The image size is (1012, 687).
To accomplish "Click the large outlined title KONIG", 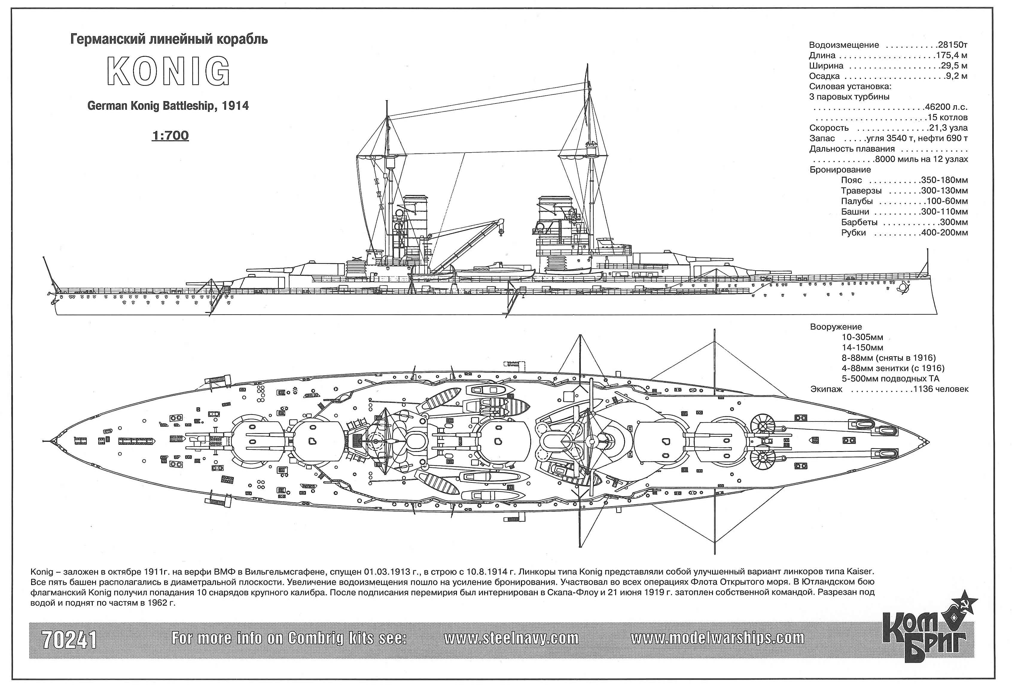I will (x=169, y=71).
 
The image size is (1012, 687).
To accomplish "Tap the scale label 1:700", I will (x=170, y=135).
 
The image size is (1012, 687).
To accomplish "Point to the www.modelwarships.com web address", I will (x=717, y=638).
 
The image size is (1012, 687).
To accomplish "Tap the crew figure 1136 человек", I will (x=941, y=389).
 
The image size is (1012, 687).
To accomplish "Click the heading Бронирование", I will (x=840, y=170).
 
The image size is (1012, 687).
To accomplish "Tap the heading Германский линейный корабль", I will (x=169, y=40).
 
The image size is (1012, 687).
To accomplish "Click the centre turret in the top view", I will (x=504, y=441).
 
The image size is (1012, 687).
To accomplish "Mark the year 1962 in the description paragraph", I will (x=157, y=603).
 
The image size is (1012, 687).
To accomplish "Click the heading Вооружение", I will (x=836, y=327).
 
